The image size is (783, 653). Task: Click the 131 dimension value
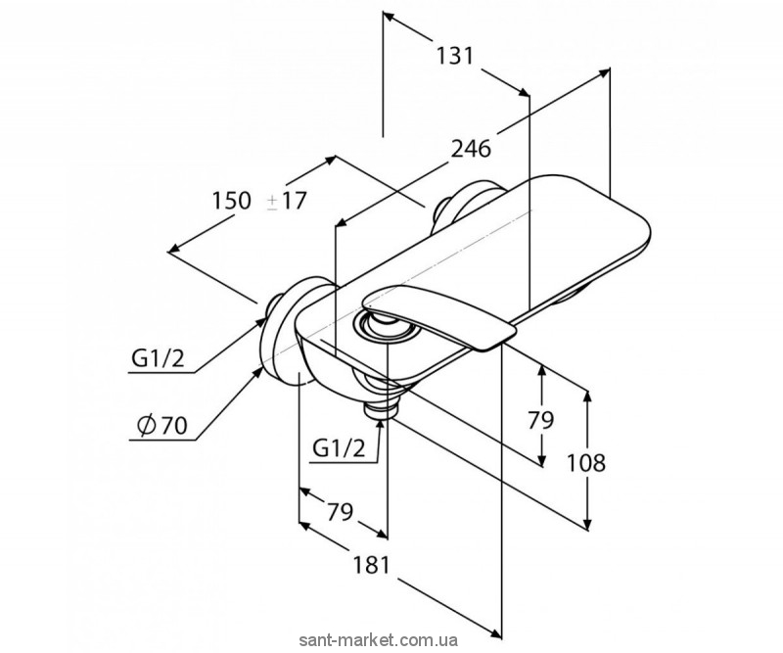454,56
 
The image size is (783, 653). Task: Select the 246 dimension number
471,149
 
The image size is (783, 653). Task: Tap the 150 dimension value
231,201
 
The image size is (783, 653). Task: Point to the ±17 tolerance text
286,201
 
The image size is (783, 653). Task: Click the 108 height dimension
585,463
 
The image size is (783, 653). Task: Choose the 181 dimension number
371,565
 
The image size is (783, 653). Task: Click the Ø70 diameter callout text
161,425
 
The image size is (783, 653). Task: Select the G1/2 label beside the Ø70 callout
158,358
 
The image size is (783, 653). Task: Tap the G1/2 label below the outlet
339,449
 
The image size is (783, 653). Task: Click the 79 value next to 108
541,420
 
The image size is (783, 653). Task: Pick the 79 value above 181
340,511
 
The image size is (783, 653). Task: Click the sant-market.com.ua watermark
378,640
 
